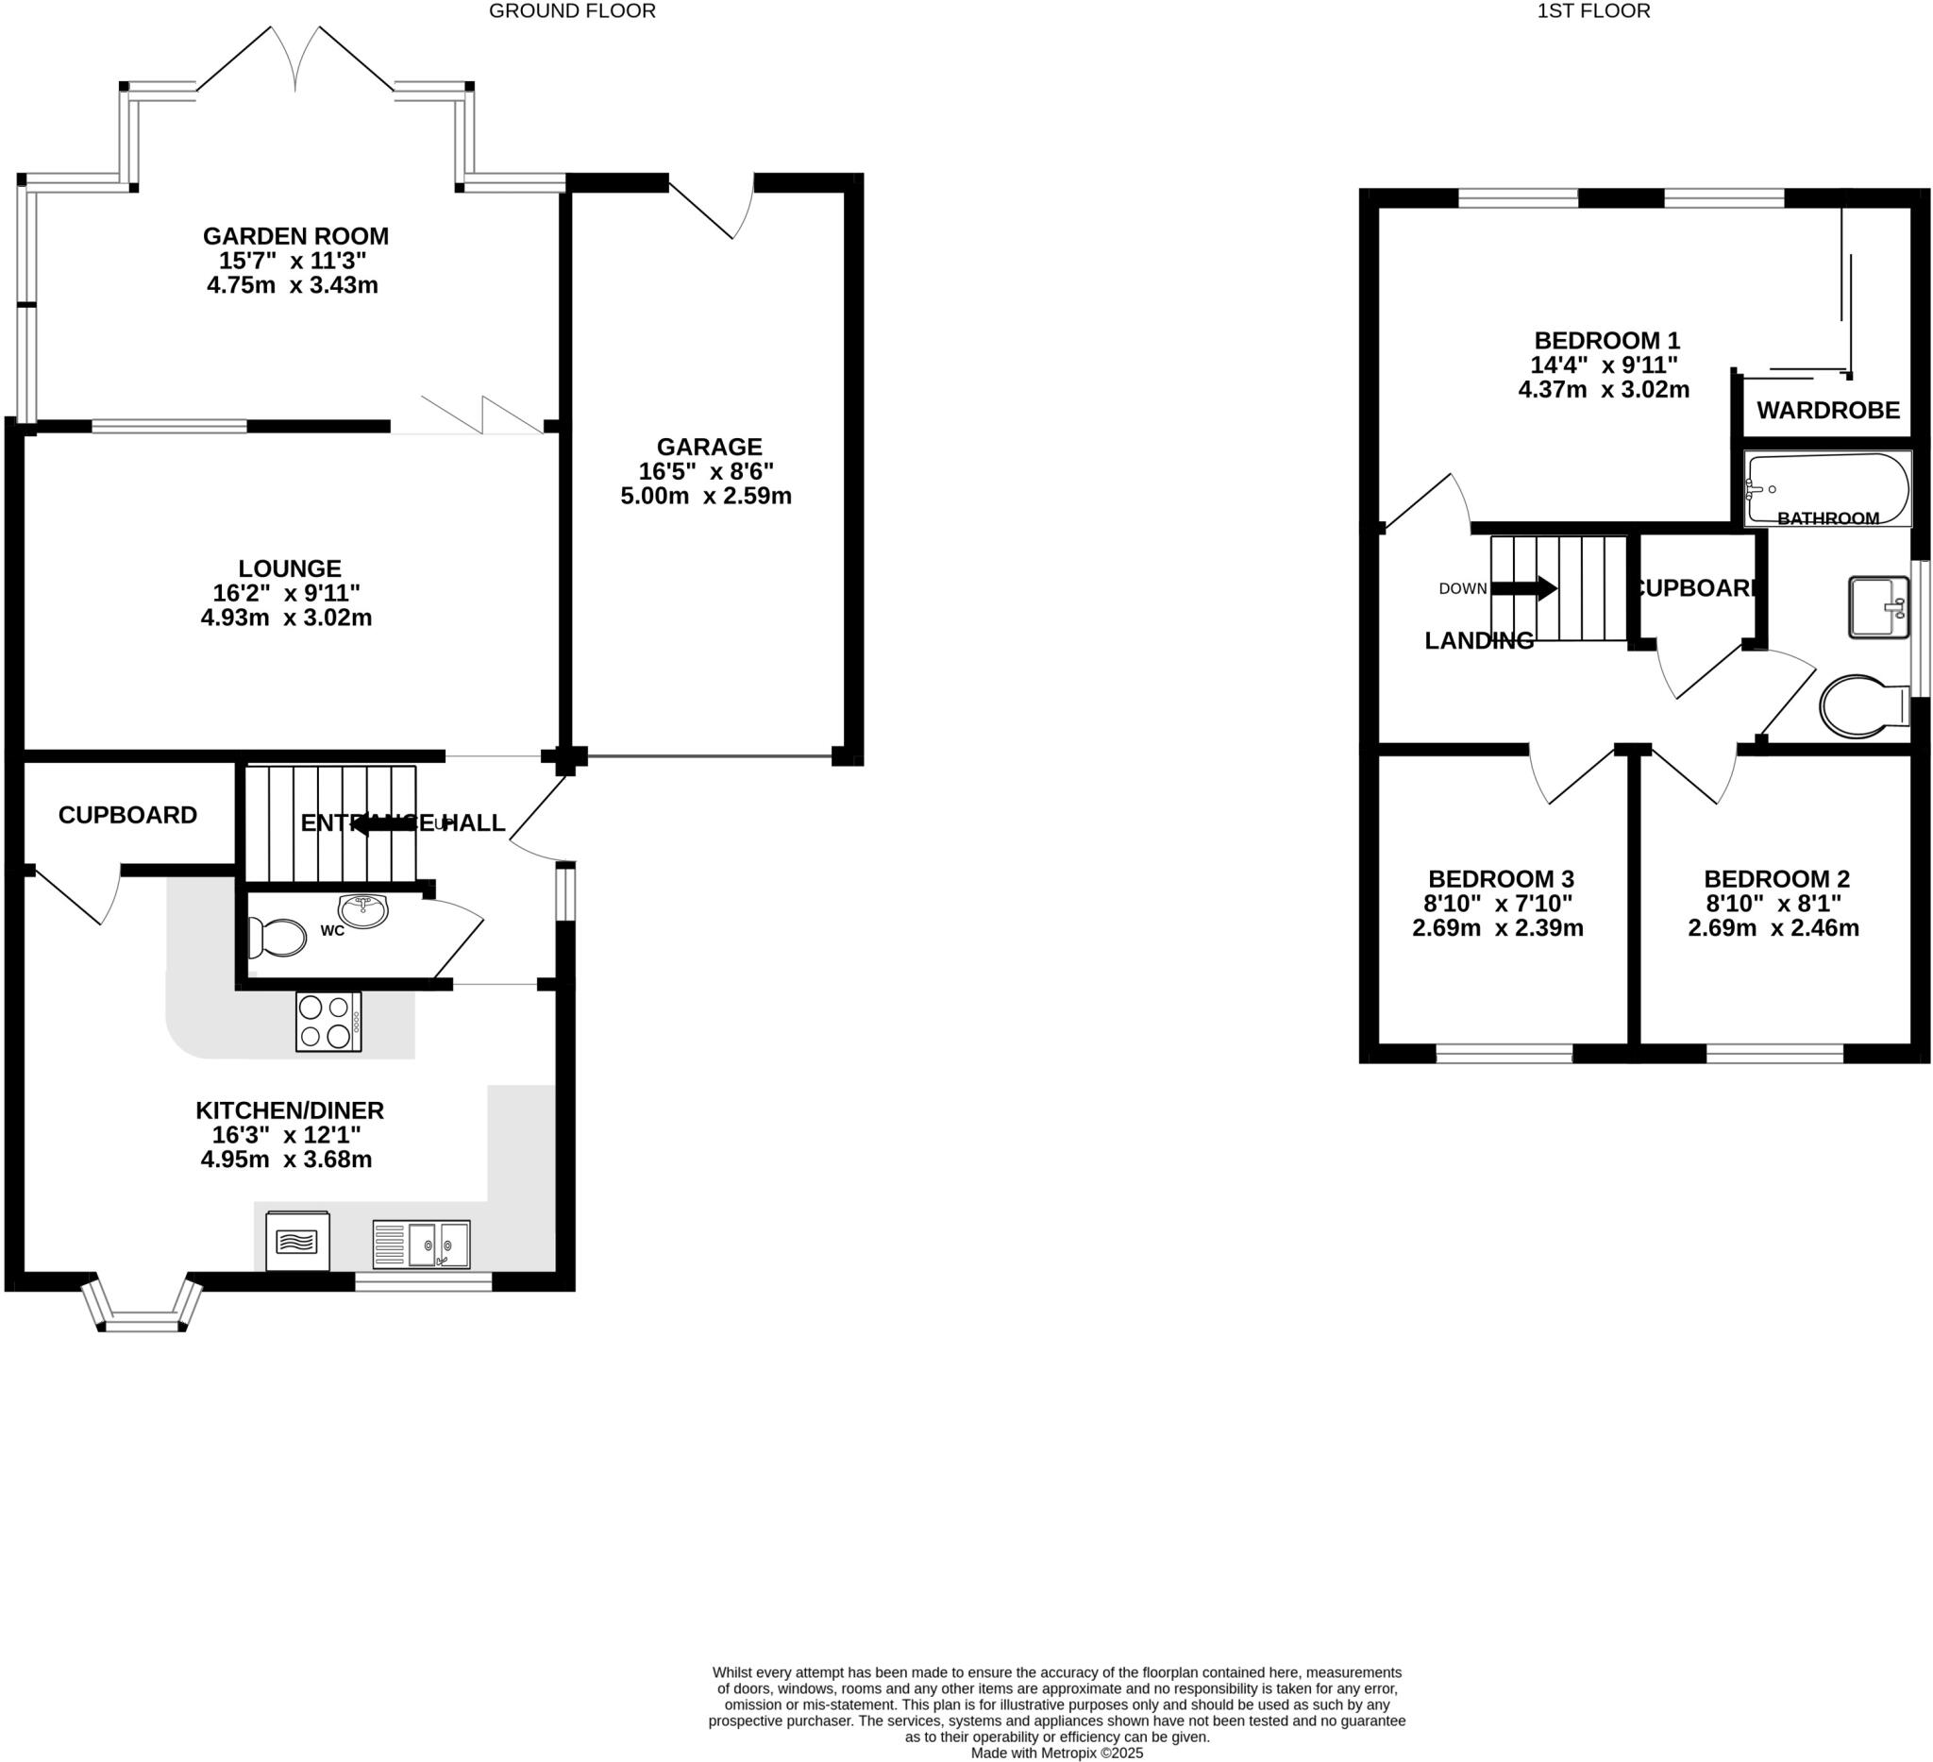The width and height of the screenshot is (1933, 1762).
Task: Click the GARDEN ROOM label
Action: click(x=295, y=236)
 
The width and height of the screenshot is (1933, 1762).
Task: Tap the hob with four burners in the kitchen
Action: click(x=328, y=1022)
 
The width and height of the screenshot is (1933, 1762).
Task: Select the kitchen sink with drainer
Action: click(x=421, y=1244)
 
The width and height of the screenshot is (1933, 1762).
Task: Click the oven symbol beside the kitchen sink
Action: click(x=297, y=1241)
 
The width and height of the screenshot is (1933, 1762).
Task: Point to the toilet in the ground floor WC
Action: click(x=277, y=938)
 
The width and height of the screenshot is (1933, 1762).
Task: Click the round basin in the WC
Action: click(x=363, y=911)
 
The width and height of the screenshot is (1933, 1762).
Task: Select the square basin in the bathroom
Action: click(x=1877, y=607)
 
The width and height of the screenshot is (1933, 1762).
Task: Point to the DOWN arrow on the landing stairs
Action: click(x=1523, y=588)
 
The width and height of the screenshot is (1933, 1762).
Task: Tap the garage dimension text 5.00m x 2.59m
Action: click(x=706, y=497)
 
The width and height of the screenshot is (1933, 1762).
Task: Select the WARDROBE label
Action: click(x=1827, y=411)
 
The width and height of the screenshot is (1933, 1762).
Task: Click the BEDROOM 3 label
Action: click(x=1501, y=878)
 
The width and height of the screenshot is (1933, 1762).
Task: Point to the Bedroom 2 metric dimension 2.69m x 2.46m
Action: click(x=1773, y=927)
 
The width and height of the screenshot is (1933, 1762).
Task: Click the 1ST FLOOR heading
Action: click(x=1593, y=11)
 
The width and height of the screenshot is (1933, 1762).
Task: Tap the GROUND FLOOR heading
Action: click(x=572, y=11)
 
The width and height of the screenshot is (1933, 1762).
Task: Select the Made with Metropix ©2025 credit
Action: click(x=1056, y=1753)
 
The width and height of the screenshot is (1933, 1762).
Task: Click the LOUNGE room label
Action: click(x=290, y=568)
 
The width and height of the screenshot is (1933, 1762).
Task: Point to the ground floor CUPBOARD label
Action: click(x=127, y=815)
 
